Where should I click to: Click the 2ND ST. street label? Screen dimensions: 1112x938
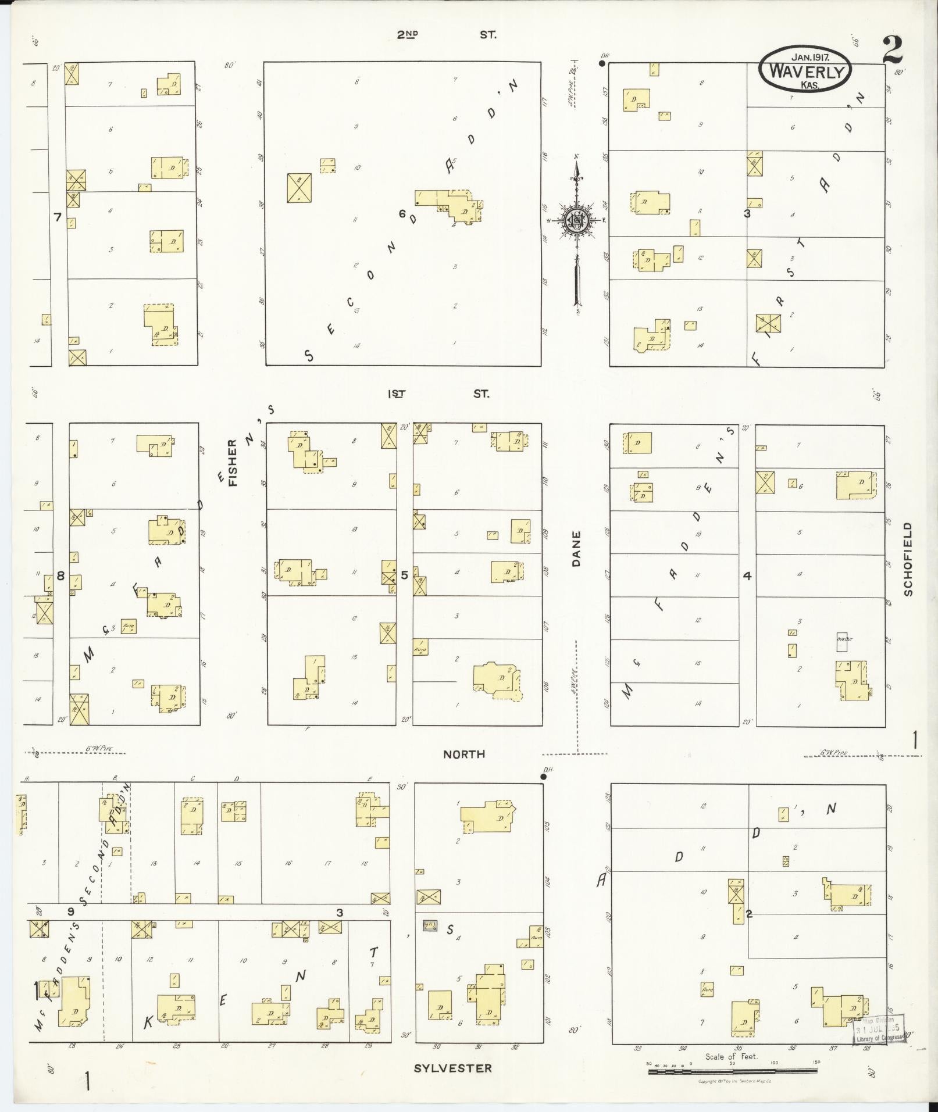446,35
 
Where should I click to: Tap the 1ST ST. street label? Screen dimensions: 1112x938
438,394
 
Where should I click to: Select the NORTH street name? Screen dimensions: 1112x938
463,754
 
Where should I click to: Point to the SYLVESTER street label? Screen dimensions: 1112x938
452,1068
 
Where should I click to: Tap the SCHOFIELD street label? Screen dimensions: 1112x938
908,559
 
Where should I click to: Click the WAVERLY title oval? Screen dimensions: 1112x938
805,69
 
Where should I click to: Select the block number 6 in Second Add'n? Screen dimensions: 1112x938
402,213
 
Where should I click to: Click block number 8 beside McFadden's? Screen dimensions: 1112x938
60,576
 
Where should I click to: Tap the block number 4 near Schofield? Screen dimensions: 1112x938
747,576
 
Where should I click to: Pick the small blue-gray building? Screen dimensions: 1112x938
430,925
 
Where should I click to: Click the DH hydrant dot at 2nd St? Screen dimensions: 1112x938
603,63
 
